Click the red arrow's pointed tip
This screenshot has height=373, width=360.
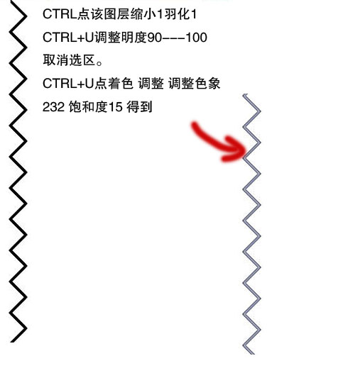[x=246, y=150]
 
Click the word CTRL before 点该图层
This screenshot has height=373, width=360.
[x=60, y=14]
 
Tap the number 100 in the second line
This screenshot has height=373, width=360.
[x=196, y=38]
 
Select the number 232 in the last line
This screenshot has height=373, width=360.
[x=53, y=107]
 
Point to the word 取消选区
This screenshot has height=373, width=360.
[x=69, y=60]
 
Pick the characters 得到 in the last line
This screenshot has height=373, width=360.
[x=139, y=107]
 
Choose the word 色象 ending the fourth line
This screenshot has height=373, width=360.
[x=207, y=84]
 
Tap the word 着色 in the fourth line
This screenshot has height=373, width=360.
[x=121, y=84]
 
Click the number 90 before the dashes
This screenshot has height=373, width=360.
[x=154, y=38]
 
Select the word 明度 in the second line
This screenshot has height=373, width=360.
[x=134, y=38]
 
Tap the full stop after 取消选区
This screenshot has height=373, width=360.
[x=99, y=63]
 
